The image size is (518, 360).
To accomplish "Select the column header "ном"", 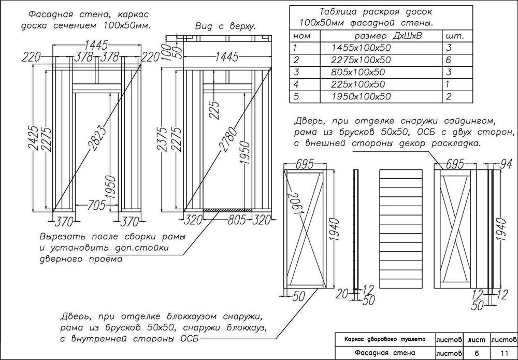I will click(302, 36).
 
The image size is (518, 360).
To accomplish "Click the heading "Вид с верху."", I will click(226, 26).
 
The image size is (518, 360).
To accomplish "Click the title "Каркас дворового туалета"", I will click(385, 339).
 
